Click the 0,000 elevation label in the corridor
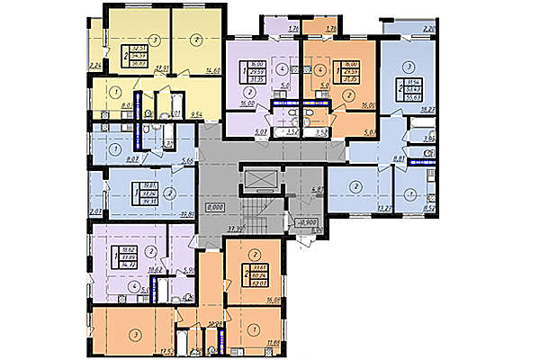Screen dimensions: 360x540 tap(213, 206)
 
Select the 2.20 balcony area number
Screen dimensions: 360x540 tap(428, 30)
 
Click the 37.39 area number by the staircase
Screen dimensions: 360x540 tap(238, 229)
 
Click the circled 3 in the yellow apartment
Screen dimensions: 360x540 tap(156, 40)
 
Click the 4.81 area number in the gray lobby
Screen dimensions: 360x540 tap(316, 190)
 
